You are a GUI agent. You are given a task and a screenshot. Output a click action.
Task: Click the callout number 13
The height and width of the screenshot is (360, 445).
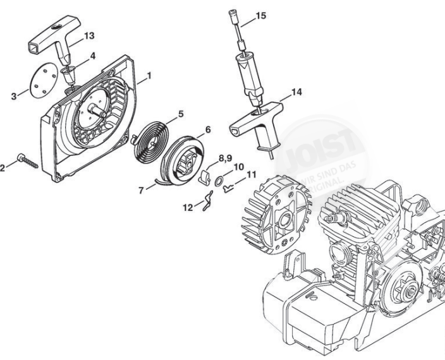(89, 35)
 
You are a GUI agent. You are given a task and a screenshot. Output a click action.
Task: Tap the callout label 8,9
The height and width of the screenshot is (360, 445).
(226, 157)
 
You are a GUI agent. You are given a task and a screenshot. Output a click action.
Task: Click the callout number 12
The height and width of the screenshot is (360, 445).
(188, 207)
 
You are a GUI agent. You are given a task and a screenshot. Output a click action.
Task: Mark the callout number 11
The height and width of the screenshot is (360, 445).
(252, 174)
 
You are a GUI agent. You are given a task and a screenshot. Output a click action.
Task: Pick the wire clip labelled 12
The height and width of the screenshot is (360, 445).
(206, 205)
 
